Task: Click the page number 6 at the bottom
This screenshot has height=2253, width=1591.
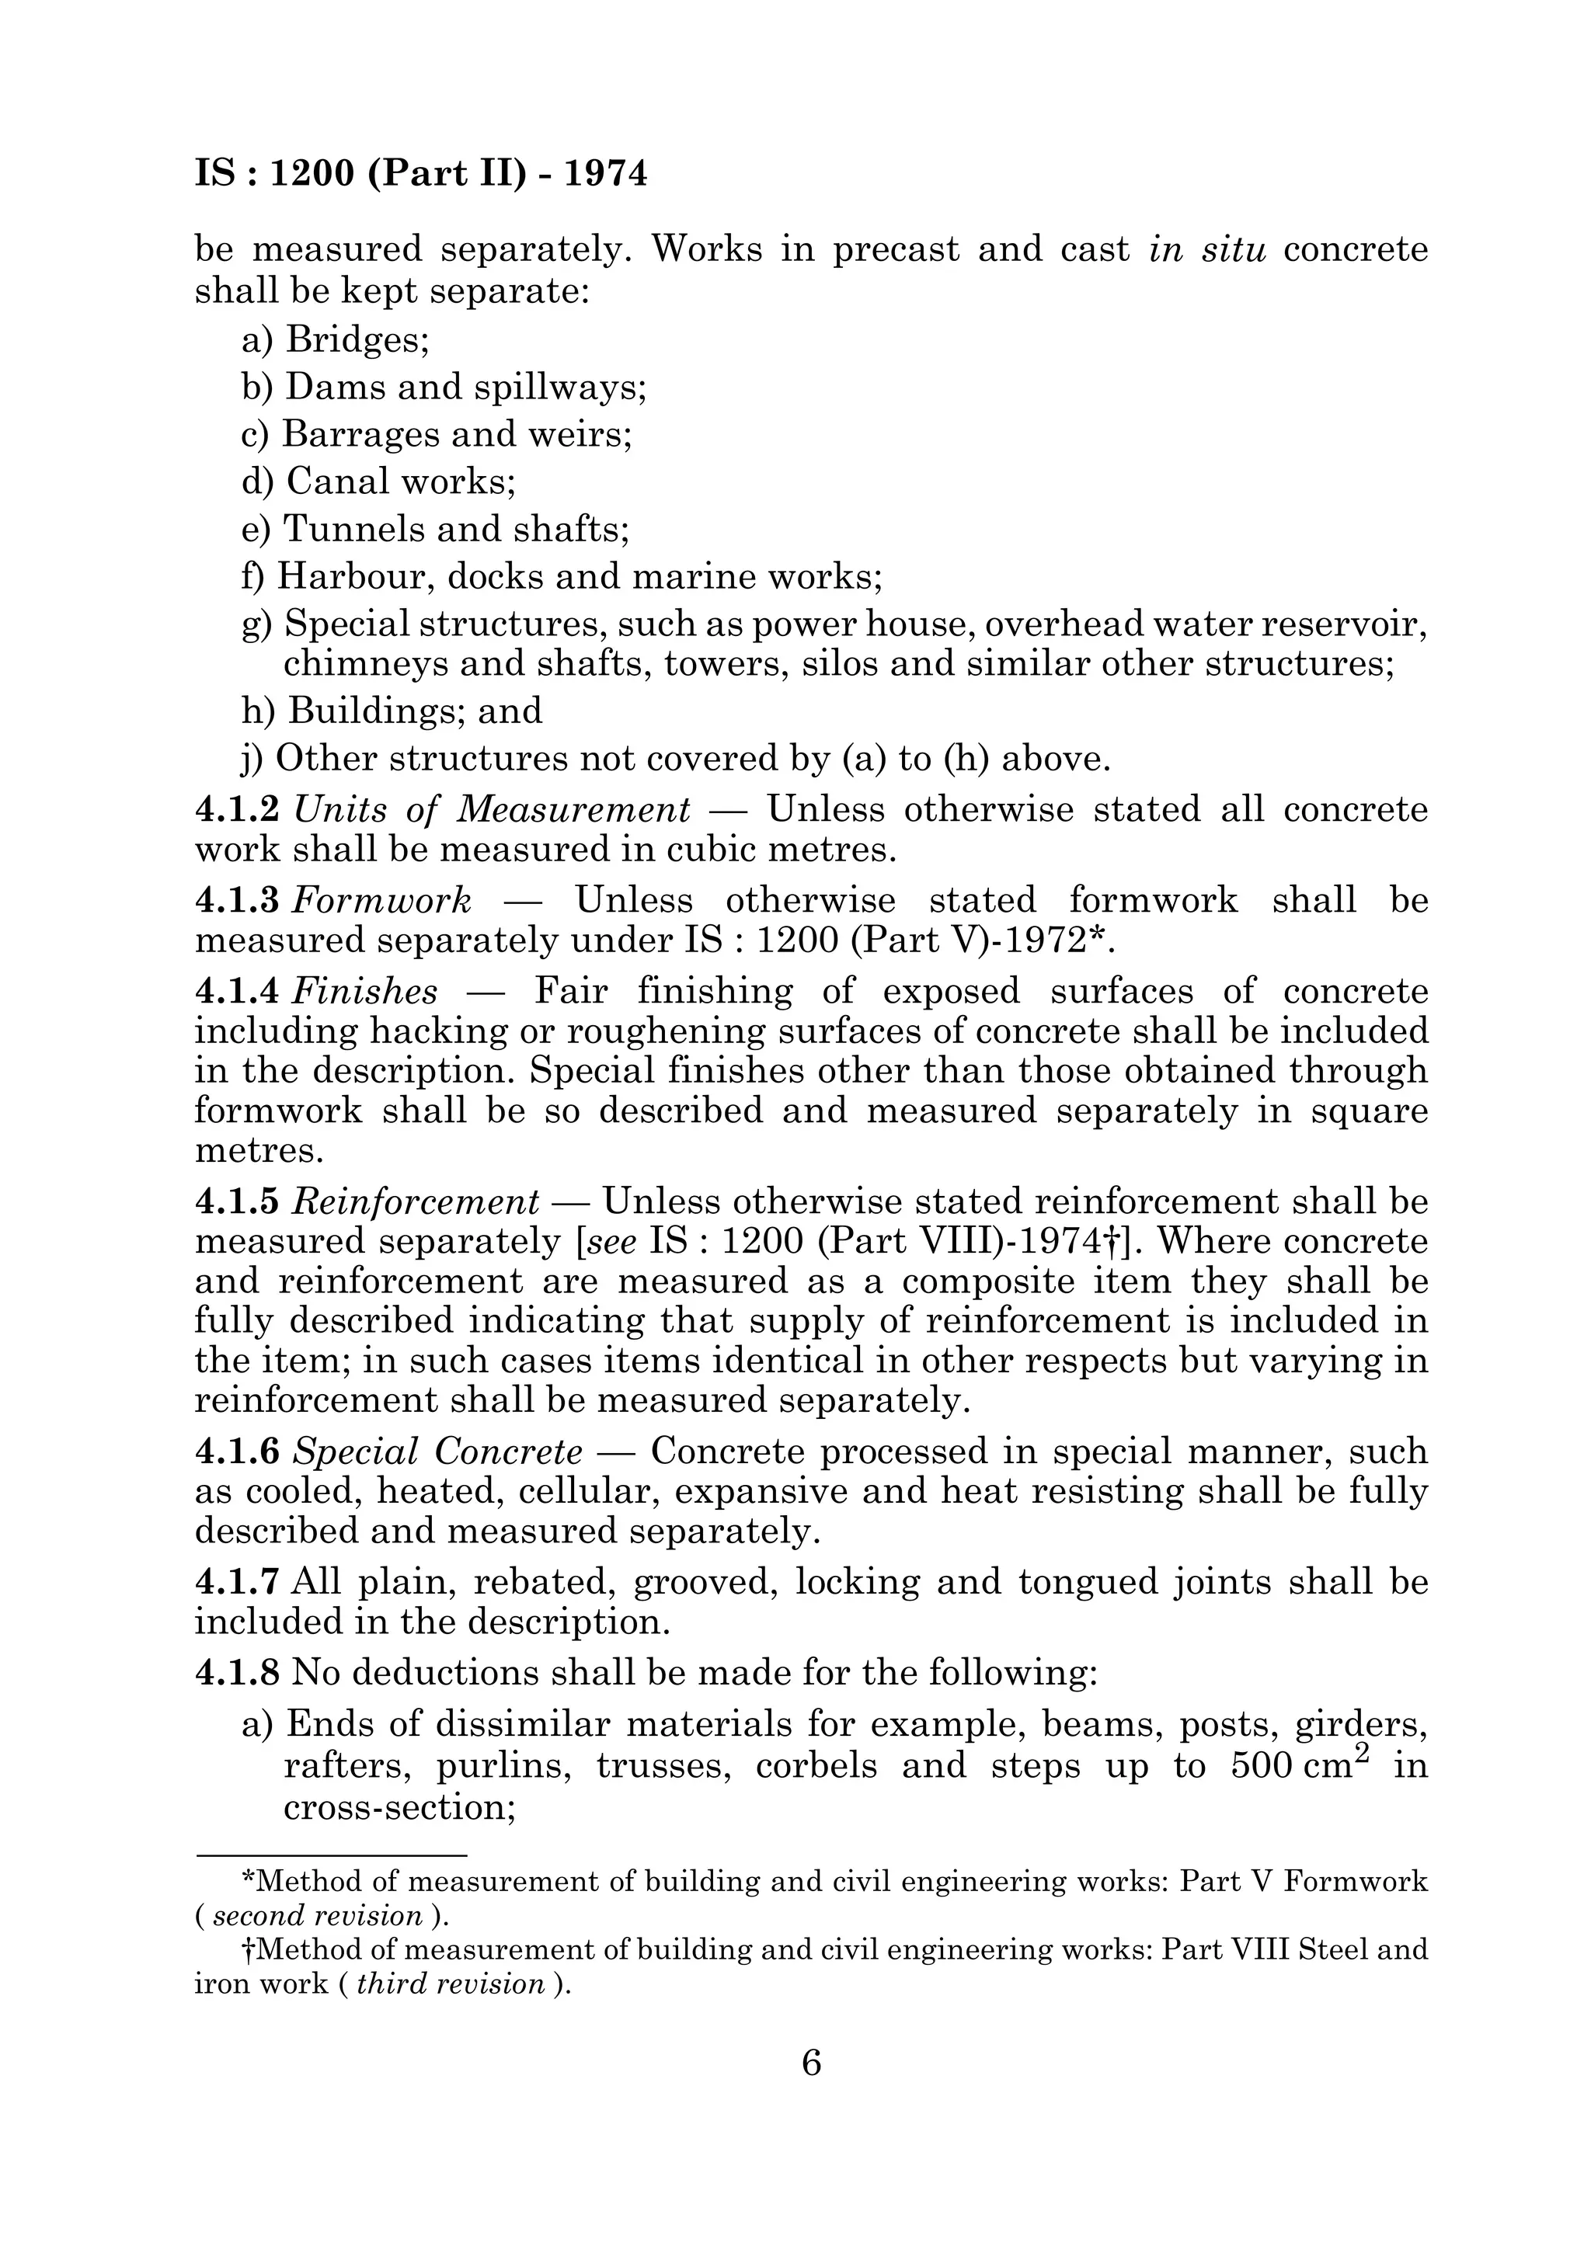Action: click(812, 2063)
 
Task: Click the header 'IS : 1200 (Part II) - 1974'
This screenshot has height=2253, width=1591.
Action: click(421, 174)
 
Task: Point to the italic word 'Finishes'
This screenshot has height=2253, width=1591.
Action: click(365, 991)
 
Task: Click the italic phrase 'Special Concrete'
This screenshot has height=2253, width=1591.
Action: click(437, 1450)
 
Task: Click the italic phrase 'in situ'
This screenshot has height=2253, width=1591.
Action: click(1206, 249)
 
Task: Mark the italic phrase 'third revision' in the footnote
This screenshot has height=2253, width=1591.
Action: click(451, 1984)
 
